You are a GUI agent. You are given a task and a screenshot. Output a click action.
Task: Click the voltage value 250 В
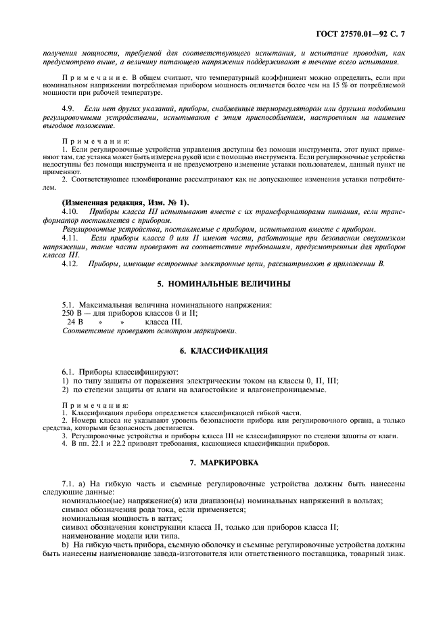(x=72, y=314)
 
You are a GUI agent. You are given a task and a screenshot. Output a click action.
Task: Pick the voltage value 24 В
(x=74, y=322)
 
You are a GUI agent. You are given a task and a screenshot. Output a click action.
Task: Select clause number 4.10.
(x=70, y=212)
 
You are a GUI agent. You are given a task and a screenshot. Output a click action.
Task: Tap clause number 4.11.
(x=70, y=238)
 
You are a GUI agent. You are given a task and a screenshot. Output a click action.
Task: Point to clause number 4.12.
(x=70, y=263)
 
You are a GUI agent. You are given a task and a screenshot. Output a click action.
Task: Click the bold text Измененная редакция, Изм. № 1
(x=126, y=203)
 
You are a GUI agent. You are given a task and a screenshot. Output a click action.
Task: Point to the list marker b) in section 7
(x=66, y=544)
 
